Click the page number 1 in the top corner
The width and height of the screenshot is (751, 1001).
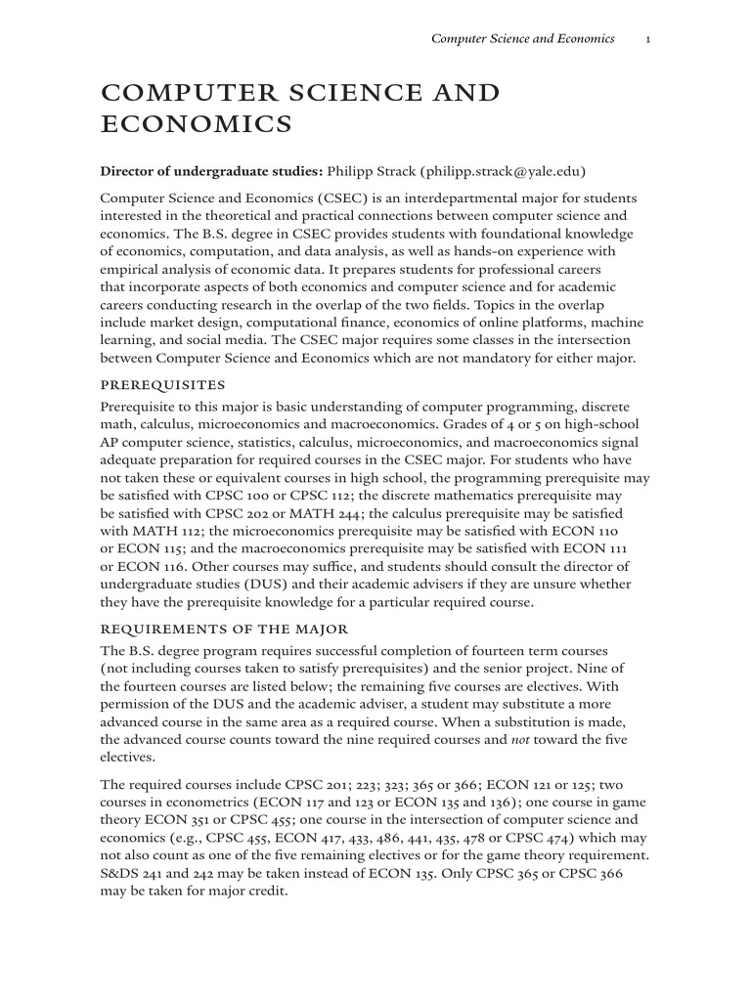pyautogui.click(x=649, y=39)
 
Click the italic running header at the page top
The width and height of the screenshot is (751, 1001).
pyautogui.click(x=523, y=39)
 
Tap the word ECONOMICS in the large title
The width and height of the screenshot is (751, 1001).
pyautogui.click(x=197, y=124)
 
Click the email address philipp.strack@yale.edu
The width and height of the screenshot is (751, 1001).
pyautogui.click(x=503, y=171)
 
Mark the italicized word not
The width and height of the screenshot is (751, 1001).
pyautogui.click(x=526, y=739)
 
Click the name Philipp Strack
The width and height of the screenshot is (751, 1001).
pyautogui.click(x=371, y=171)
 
